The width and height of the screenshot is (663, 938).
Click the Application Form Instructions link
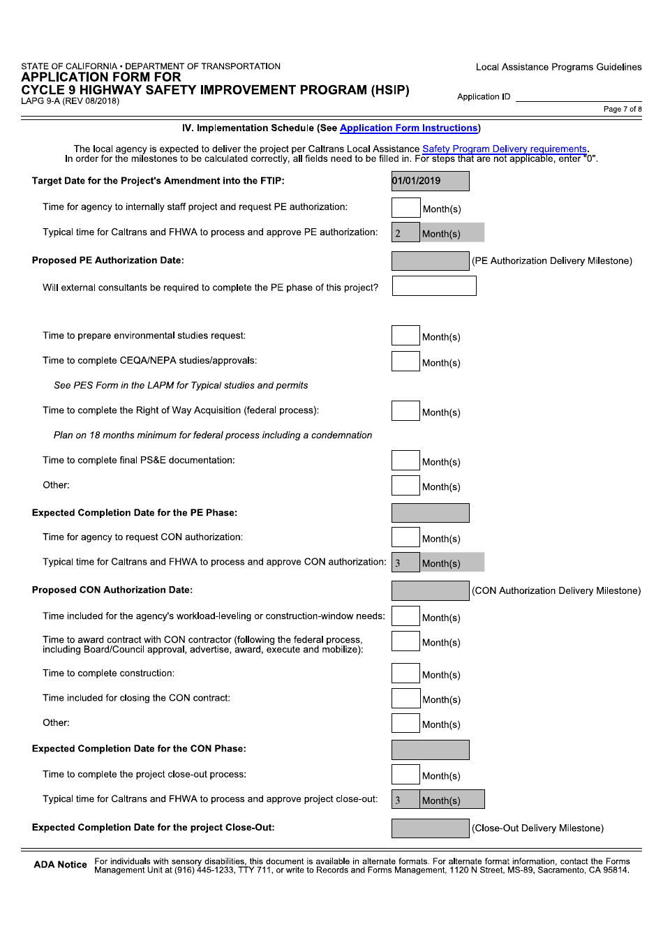[408, 128]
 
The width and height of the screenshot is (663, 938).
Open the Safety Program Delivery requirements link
[504, 149]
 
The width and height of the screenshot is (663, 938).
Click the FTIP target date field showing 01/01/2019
[430, 181]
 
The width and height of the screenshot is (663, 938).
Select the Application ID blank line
[578, 97]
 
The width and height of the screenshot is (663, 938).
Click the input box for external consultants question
[433, 286]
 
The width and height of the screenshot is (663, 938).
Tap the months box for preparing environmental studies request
[405, 336]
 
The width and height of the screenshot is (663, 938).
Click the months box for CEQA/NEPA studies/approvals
[405, 361]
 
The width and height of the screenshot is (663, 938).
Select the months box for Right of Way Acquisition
[405, 410]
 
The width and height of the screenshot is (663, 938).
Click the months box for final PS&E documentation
[405, 460]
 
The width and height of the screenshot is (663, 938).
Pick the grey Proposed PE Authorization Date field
[430, 261]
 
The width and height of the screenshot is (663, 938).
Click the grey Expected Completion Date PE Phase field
[430, 513]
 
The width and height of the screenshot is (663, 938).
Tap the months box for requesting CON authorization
[405, 537]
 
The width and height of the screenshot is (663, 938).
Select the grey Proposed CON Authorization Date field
[430, 590]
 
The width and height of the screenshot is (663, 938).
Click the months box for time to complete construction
[405, 673]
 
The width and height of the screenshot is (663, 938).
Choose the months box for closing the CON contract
[405, 698]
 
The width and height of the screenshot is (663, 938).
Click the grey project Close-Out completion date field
[430, 828]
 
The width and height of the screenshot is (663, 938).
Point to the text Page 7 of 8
[623, 110]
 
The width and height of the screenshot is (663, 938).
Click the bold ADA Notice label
[61, 865]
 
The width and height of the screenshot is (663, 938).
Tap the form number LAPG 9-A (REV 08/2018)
[70, 101]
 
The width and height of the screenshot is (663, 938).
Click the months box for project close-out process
[405, 775]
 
